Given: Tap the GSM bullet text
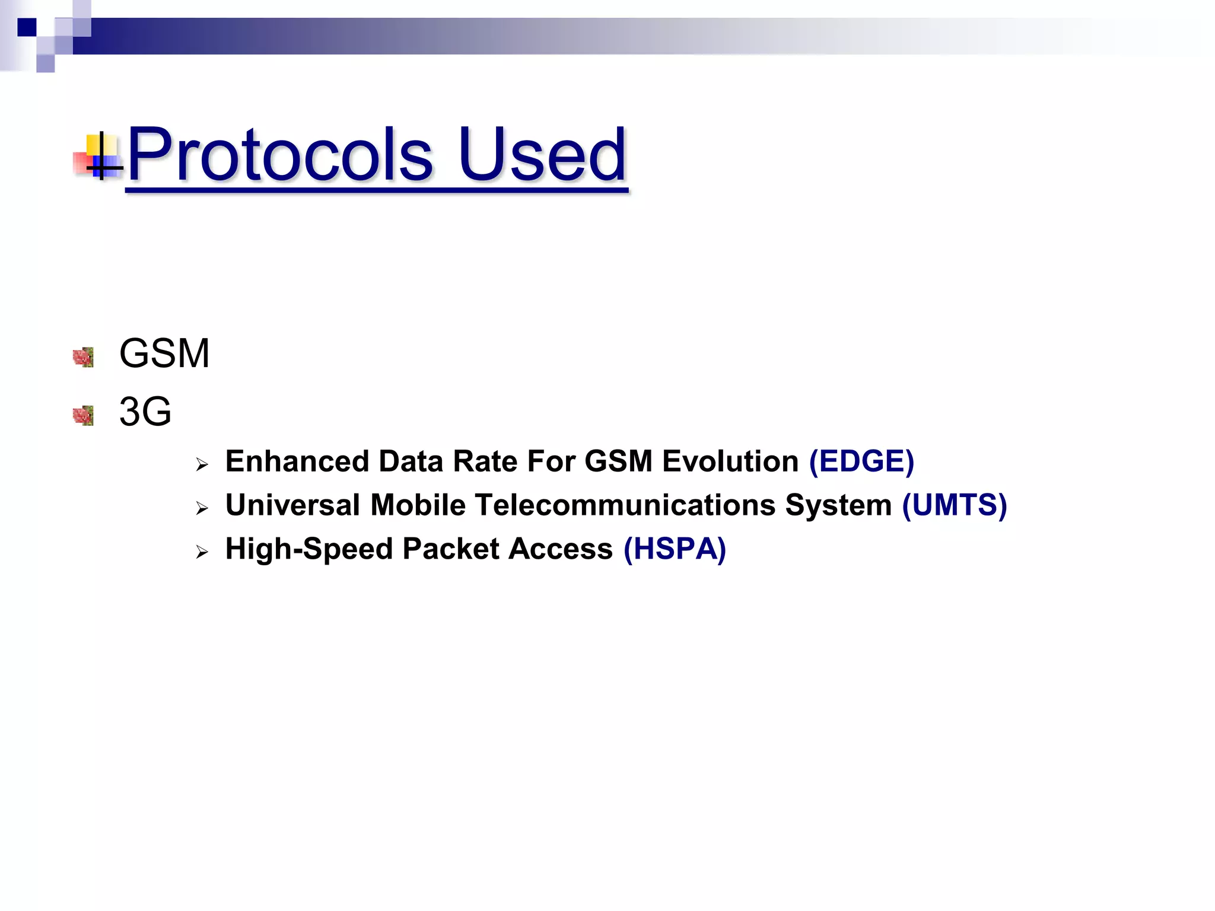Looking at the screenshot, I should click(164, 353).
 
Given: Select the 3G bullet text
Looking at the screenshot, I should click(145, 412).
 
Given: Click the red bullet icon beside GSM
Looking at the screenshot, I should click(84, 357).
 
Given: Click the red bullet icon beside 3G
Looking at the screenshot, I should click(84, 415).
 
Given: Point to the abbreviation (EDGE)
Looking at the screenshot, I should click(861, 461).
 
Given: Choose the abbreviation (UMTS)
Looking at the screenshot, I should click(954, 505).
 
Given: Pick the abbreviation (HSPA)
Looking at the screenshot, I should click(675, 549).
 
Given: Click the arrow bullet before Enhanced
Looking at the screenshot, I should click(202, 465).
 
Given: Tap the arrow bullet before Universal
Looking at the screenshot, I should click(202, 508).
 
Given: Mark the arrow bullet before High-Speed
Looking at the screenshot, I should click(202, 552).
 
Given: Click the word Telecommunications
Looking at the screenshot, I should click(625, 505).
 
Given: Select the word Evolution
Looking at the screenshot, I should click(730, 461).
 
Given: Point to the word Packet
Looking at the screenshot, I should click(451, 549).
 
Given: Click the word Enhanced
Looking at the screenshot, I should click(297, 461).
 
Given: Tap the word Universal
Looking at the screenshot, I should click(293, 505).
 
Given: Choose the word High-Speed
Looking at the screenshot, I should click(309, 549).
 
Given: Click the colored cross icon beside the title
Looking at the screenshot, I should click(100, 155).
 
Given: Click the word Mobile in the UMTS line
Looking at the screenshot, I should click(418, 505).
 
